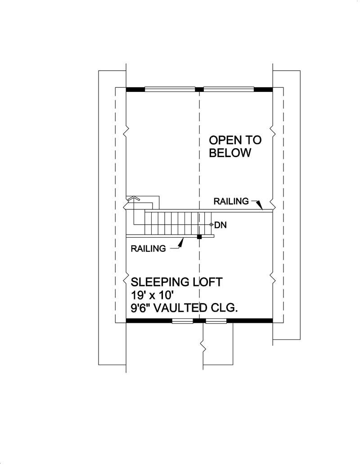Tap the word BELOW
click(230, 153)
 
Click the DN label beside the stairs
click(220, 224)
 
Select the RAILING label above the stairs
click(231, 201)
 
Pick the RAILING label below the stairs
click(148, 248)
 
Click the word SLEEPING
click(159, 282)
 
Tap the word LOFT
click(207, 282)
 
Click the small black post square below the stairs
click(199, 236)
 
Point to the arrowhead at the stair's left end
click(133, 198)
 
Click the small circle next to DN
click(211, 224)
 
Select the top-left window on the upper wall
click(170, 89)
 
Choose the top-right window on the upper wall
click(229, 89)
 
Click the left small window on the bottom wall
click(182, 321)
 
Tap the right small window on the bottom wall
click(216, 321)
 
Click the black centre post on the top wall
click(199, 89)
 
